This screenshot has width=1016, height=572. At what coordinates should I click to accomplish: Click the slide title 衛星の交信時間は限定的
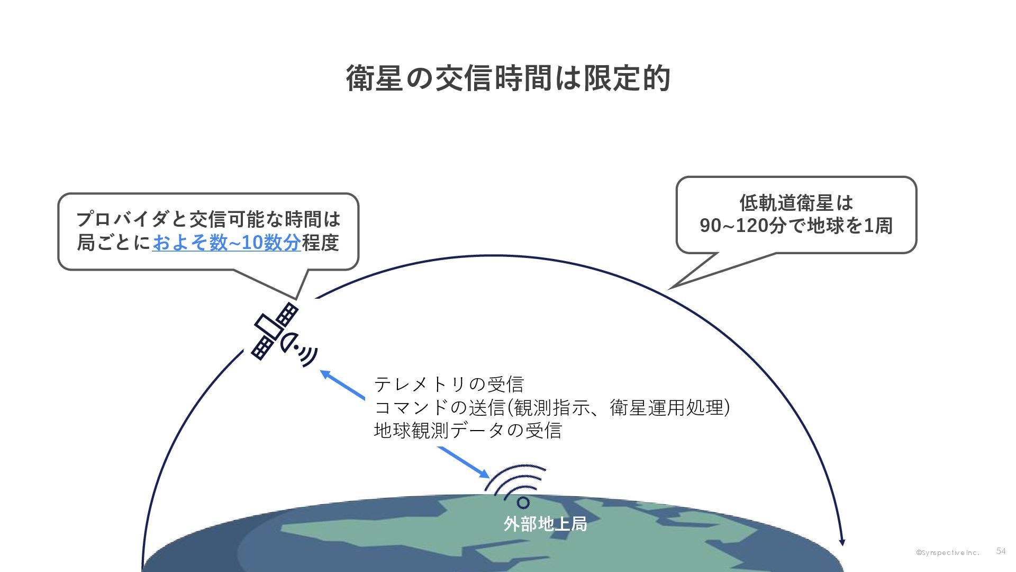(508, 78)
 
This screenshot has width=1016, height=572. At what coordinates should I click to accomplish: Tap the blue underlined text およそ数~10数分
(226, 243)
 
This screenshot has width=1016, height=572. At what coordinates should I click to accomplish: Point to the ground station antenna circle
(523, 502)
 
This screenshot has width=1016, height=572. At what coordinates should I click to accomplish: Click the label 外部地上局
(545, 524)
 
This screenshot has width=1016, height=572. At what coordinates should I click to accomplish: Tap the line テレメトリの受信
(449, 384)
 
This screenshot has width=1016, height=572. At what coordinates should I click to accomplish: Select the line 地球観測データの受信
(468, 430)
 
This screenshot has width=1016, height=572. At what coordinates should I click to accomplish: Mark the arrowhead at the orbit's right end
(842, 542)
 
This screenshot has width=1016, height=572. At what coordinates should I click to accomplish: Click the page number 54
(1001, 551)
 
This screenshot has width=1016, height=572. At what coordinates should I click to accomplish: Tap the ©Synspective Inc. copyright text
(948, 552)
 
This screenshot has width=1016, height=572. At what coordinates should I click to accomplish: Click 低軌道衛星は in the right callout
(796, 202)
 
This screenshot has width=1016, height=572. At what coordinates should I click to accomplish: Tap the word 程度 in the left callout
(320, 243)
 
